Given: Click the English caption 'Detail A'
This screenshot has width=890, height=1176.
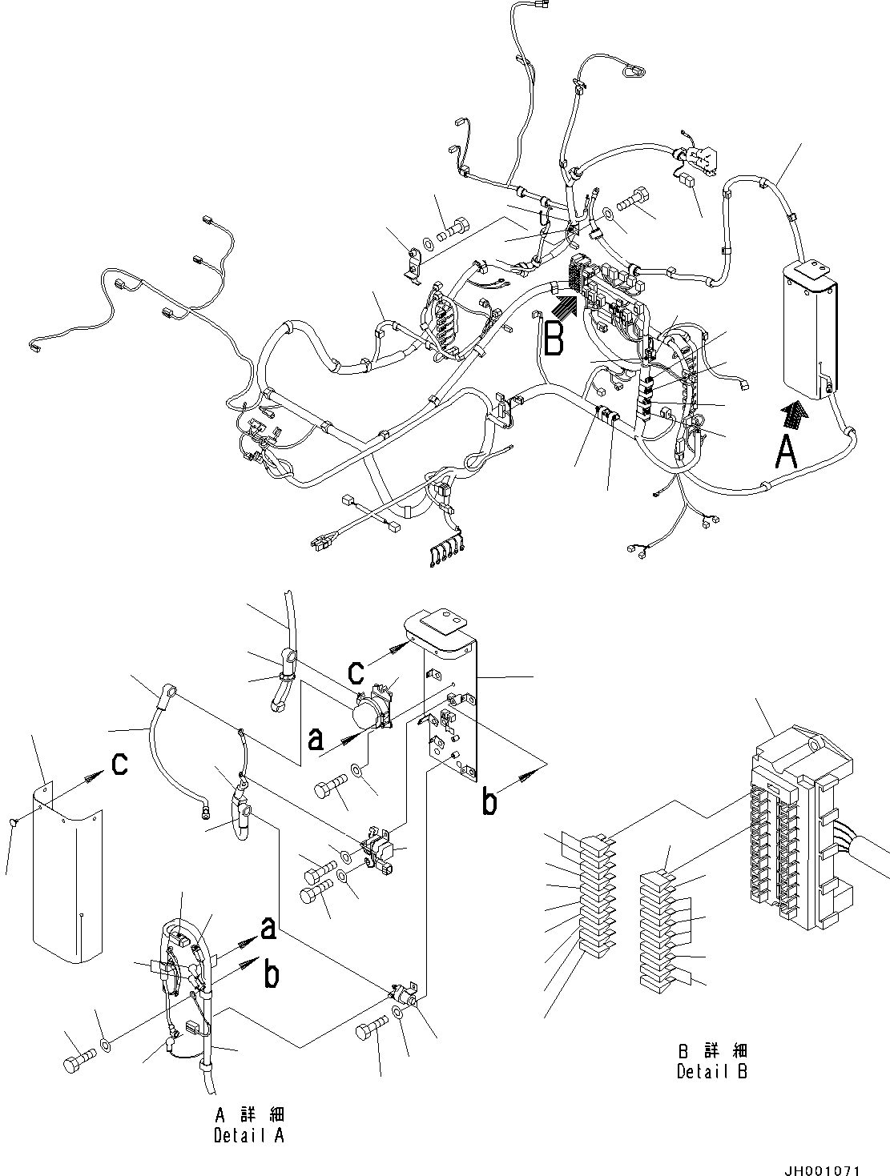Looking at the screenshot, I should [248, 1135].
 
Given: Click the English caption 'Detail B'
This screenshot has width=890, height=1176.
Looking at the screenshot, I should [711, 1071].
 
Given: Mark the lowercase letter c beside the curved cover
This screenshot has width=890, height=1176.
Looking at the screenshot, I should [119, 764].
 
